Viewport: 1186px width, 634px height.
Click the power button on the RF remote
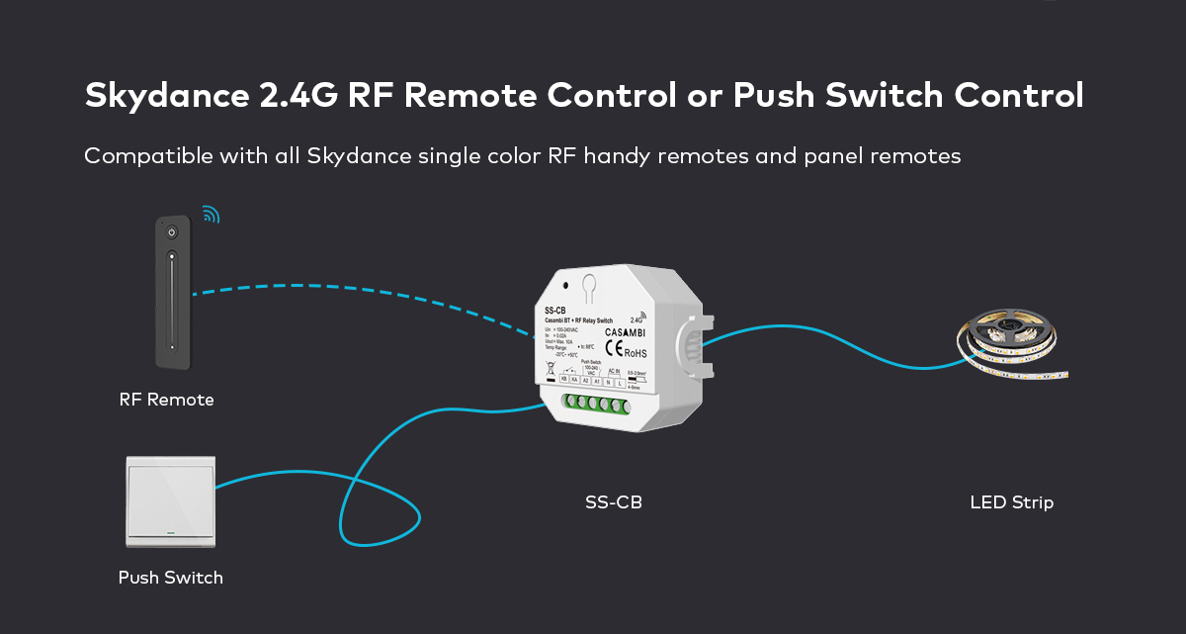(171, 233)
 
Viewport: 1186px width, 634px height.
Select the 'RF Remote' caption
(166, 400)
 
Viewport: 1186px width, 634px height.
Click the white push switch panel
(171, 500)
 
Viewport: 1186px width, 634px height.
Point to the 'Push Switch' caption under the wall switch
(171, 578)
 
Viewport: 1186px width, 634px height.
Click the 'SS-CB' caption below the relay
(614, 502)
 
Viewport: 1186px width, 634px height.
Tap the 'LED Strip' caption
(1011, 502)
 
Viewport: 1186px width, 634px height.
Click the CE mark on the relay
(614, 349)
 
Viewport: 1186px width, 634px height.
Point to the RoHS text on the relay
(635, 352)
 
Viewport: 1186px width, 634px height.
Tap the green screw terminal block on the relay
(596, 406)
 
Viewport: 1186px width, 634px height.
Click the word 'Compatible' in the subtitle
(143, 156)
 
